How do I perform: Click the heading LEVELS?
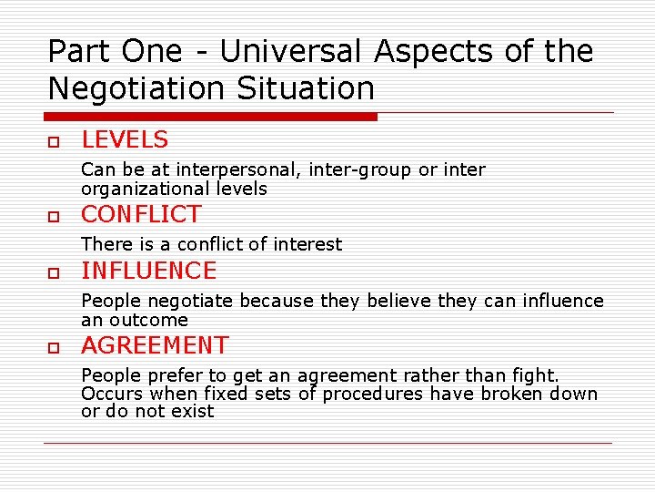[125, 140]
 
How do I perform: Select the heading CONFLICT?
[141, 215]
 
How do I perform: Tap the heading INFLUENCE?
[149, 272]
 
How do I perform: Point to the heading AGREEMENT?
[155, 346]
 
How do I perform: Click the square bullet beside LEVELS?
[54, 143]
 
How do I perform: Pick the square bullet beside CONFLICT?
[54, 218]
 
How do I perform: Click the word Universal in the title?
[291, 51]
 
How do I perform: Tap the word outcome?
[148, 321]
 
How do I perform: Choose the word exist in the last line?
[193, 412]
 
